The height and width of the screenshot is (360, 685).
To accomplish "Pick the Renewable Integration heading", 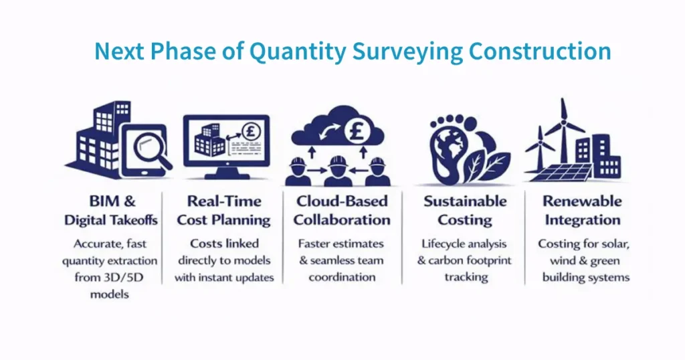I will [x=581, y=210].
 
